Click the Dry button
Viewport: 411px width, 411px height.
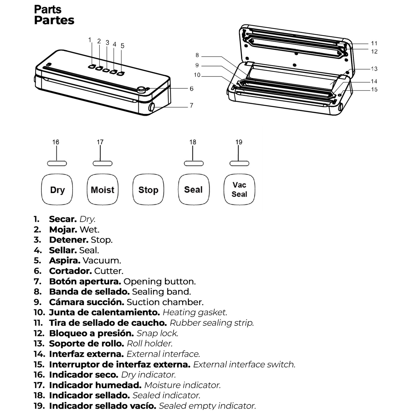(x=57, y=189)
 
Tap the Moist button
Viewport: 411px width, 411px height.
(x=102, y=189)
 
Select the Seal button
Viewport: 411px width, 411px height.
(x=194, y=189)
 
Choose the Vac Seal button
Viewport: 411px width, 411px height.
(x=239, y=189)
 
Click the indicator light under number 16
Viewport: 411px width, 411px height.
(x=57, y=163)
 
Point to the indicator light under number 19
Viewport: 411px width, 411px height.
(x=239, y=163)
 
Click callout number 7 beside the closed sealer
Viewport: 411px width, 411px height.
(x=192, y=105)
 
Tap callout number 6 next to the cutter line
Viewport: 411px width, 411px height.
(x=192, y=89)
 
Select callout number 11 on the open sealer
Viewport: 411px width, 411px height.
(x=374, y=43)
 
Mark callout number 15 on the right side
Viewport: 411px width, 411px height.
(x=374, y=89)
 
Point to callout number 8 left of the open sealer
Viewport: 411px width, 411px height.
(x=197, y=55)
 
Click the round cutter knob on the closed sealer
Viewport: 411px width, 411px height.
(x=141, y=89)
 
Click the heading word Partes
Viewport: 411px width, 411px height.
(x=54, y=20)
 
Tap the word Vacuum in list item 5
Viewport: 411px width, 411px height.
(x=102, y=261)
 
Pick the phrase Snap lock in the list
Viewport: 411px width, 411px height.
(x=157, y=333)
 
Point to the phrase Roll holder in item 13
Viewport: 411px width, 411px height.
(x=150, y=344)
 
